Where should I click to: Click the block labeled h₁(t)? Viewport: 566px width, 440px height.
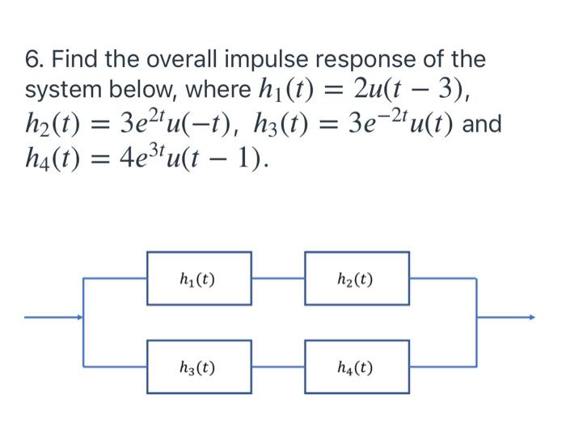pos(199,279)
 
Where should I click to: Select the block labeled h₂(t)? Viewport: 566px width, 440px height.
pos(357,279)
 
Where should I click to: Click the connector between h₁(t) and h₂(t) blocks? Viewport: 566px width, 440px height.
pos(278,279)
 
